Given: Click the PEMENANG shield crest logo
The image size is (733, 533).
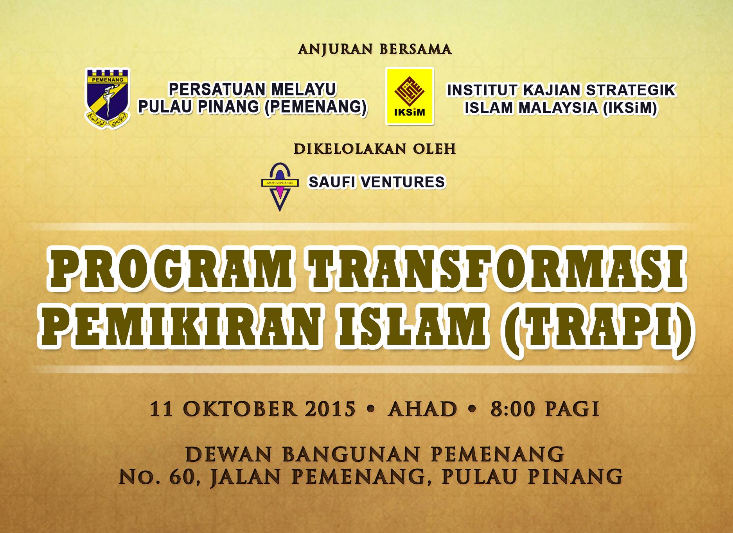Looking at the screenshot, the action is [x=108, y=99].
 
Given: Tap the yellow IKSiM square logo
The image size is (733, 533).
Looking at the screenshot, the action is [x=410, y=96].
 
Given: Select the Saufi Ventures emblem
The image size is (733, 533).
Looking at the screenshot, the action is [x=280, y=187].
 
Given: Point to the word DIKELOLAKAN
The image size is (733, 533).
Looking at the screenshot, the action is [x=345, y=149].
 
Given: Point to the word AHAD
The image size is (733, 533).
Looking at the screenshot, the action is [x=422, y=409].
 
